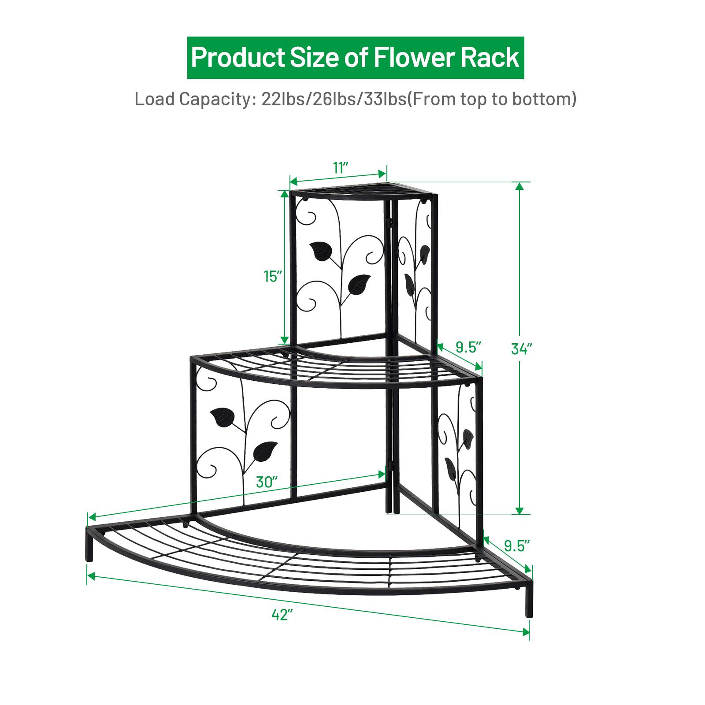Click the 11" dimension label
click(x=341, y=167)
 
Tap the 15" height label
click(x=273, y=276)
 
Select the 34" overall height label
click(x=522, y=349)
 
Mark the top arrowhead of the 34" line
click(x=520, y=186)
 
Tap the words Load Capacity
click(x=193, y=100)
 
